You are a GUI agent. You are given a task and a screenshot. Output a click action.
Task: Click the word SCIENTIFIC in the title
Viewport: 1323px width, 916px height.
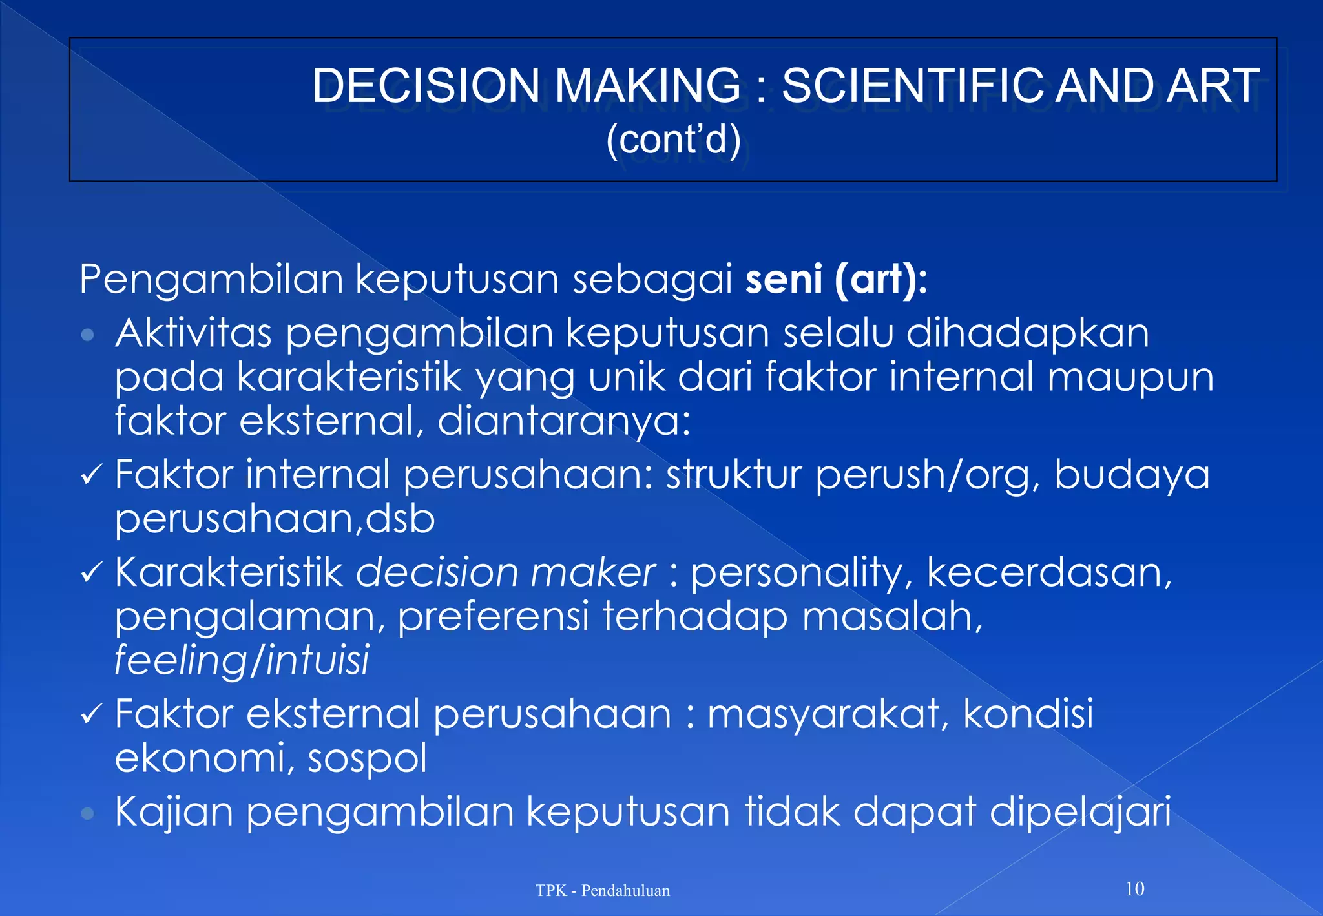[x=913, y=86]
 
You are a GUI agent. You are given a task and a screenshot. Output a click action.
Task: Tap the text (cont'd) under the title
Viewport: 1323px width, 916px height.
[x=673, y=139]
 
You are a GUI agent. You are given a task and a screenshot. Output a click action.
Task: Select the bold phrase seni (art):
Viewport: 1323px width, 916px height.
[x=836, y=279]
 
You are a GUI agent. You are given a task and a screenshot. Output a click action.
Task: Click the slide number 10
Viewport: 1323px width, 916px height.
[x=1134, y=889]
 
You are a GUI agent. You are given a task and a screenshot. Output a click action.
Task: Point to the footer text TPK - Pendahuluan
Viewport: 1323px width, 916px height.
[x=602, y=891]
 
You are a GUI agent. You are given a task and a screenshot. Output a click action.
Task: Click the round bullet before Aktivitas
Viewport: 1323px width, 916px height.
[x=88, y=335]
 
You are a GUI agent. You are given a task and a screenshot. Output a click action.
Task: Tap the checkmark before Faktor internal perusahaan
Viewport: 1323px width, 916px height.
[x=91, y=476]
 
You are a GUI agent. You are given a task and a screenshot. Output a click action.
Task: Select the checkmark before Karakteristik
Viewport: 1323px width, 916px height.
[x=91, y=573]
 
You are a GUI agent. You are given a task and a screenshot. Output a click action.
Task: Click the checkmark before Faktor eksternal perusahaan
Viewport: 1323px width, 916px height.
[x=91, y=714]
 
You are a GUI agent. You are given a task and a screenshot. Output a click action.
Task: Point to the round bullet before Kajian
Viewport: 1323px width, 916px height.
[x=88, y=813]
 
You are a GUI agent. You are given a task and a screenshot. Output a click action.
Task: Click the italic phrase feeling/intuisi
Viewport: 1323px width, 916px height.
[x=242, y=660]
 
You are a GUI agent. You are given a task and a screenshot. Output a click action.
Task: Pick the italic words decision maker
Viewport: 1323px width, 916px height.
[x=505, y=572]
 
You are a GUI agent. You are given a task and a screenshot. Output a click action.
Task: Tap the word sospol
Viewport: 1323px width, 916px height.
[x=367, y=758]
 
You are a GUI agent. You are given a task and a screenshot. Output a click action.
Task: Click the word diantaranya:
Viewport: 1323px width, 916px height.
[x=564, y=422]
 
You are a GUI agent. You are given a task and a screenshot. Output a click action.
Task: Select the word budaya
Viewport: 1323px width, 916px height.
[x=1132, y=475]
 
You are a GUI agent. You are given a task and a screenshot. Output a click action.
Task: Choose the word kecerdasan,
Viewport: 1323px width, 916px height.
[x=1049, y=572]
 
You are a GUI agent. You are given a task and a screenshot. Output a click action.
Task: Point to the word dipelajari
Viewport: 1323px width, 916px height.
[x=1079, y=811]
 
